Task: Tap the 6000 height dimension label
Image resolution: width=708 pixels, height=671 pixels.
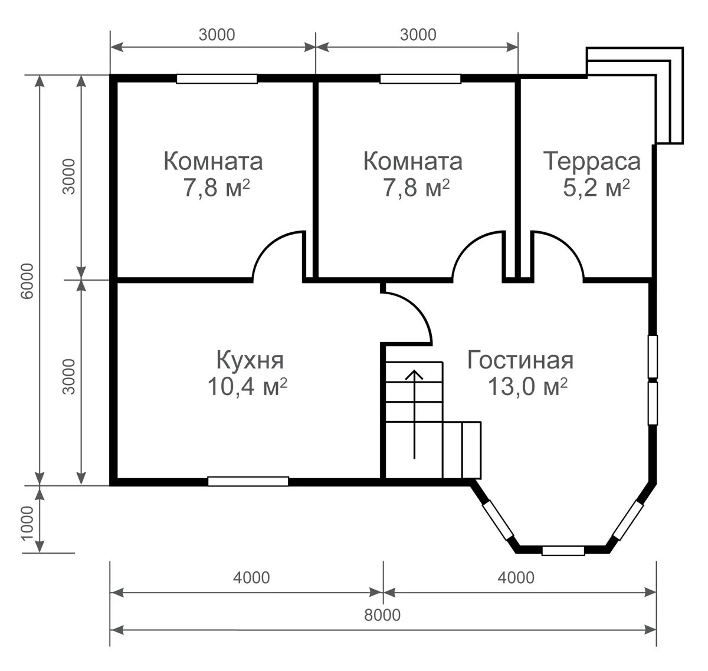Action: coord(27,281)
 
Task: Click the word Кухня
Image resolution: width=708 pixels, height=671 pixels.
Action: coord(250,360)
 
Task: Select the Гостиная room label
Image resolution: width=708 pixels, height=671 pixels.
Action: coord(520,360)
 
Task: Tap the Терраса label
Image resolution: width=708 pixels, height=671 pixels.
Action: coord(592,162)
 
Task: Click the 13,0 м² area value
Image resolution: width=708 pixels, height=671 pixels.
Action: coord(527,386)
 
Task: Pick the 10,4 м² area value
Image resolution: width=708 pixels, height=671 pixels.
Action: coord(247,386)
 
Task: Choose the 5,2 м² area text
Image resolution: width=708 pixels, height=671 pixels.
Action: coord(596,188)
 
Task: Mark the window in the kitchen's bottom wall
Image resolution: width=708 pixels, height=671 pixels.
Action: coord(248,481)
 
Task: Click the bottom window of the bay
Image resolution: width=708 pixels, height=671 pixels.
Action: coord(563,550)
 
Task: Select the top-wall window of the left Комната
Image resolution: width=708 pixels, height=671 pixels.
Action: coord(217,79)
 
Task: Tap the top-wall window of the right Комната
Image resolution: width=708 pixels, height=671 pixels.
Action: coord(420,79)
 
